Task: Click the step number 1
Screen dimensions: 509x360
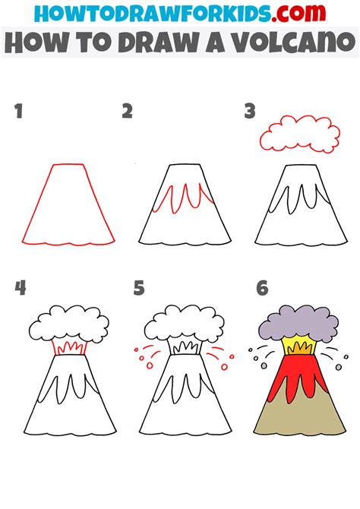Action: pos(18,112)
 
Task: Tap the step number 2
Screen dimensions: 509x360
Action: pos(127,112)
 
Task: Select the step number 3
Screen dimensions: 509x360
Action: pos(249,112)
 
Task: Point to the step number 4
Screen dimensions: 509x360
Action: pos(20,289)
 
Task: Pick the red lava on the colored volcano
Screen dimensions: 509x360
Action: pos(296,376)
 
